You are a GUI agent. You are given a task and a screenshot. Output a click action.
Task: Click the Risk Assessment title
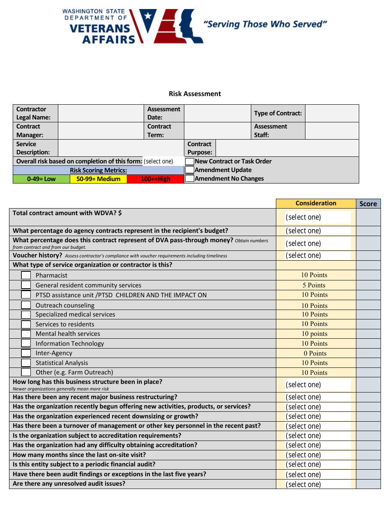(x=195, y=94)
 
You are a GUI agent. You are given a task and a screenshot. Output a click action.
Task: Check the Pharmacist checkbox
(x=26, y=275)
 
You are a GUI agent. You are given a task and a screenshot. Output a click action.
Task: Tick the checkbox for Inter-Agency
(x=26, y=353)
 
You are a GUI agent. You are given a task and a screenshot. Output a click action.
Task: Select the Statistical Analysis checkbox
(x=26, y=363)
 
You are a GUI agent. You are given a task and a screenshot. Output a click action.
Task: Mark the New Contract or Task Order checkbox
(x=189, y=161)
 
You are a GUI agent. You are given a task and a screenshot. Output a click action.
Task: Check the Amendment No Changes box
(x=189, y=179)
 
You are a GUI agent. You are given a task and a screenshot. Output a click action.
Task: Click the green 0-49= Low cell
(x=41, y=179)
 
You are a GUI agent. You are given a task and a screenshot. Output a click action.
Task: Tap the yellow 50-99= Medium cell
(x=99, y=179)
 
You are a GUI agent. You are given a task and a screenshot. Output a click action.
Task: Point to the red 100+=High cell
(x=155, y=179)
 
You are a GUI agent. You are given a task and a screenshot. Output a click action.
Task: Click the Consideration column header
(x=316, y=203)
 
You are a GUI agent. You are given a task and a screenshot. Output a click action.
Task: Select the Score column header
(x=368, y=204)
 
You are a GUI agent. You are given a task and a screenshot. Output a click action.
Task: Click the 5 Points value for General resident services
(x=314, y=285)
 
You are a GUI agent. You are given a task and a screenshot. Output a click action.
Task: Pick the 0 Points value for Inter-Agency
(x=315, y=353)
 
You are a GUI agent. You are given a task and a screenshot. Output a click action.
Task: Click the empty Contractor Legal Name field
(x=101, y=113)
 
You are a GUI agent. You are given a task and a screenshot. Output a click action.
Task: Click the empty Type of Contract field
(x=332, y=113)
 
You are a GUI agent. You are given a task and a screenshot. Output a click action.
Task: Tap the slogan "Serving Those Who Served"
(x=265, y=24)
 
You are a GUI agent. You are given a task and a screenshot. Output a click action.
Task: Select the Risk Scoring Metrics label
(x=98, y=170)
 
